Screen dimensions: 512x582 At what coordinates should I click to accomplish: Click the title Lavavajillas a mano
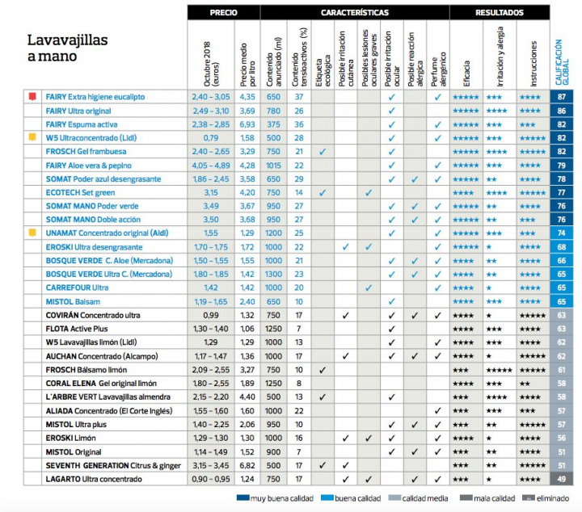pos(68,48)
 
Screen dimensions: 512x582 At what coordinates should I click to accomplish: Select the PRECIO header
pos(223,13)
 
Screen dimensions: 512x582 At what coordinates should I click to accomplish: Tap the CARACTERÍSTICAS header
pos(354,13)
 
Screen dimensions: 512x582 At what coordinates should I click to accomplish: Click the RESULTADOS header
pos(499,13)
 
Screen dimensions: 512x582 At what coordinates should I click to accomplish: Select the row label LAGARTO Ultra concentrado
pos(93,479)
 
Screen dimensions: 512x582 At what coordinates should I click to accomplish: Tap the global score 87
pos(561,97)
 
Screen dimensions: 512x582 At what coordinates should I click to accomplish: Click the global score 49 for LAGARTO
pos(561,479)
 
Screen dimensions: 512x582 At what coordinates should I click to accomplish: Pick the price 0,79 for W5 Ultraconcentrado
pos(212,137)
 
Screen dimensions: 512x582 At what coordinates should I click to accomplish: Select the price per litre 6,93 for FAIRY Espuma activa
pos(247,124)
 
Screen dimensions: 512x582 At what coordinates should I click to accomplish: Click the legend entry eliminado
pos(549,498)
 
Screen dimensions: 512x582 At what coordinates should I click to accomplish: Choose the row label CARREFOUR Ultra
pos(78,287)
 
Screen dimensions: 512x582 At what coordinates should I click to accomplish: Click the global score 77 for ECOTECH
pos(561,192)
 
